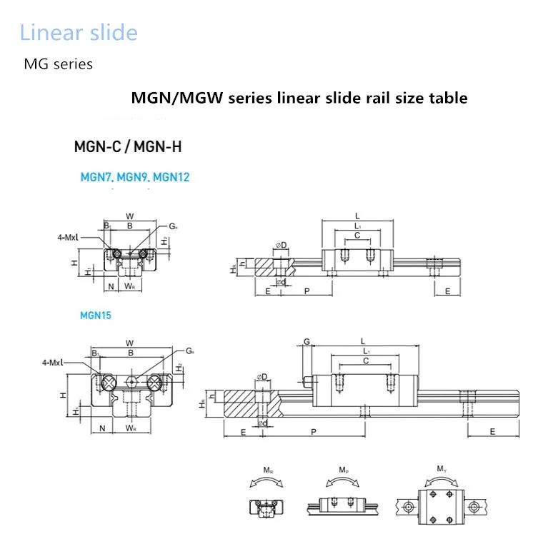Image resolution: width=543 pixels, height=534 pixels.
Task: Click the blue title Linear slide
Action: pos(79,33)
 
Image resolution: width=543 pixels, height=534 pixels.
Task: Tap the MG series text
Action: pos(59,64)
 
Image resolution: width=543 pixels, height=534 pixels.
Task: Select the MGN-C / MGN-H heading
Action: pos(128,147)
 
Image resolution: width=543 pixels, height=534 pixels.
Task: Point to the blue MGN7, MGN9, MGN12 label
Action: pos(135,177)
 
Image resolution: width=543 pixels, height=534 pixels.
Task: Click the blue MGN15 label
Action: pos(96,314)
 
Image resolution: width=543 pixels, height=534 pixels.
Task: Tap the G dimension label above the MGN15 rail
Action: pos(306,342)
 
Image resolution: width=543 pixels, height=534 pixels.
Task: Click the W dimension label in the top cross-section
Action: pos(129,216)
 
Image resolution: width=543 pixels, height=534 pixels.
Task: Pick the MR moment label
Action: pos(266,470)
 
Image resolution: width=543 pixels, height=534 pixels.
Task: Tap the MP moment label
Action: pos(344,470)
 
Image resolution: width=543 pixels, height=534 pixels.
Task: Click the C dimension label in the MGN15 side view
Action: pos(366,361)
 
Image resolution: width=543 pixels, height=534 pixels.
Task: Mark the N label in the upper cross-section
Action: pos(111,287)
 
